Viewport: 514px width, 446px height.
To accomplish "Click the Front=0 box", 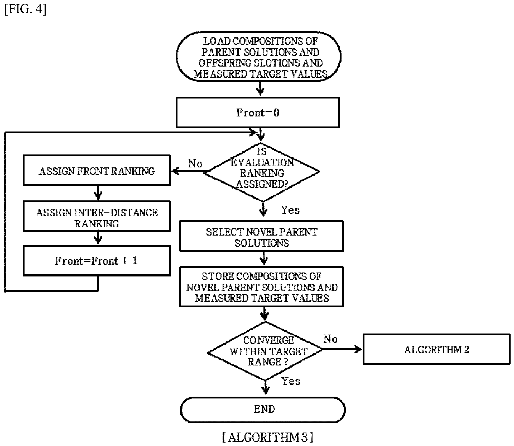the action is (x=258, y=112).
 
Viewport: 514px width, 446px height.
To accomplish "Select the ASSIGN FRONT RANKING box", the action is (x=97, y=170).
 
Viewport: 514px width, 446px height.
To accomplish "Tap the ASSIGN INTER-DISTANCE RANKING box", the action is (x=97, y=216).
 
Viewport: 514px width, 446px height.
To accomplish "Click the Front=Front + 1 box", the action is (x=97, y=261).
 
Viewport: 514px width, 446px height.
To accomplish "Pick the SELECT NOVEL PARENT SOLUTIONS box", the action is (x=262, y=236).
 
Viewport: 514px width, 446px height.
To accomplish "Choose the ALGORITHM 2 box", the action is (x=436, y=349).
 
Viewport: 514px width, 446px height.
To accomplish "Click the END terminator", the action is (x=263, y=410).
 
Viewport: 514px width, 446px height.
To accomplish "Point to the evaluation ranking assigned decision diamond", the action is (x=262, y=172).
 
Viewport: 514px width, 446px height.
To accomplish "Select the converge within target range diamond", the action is (x=265, y=351).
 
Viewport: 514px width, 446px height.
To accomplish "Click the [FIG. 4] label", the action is (x=25, y=9).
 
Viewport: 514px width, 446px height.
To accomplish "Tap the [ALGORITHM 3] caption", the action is (x=267, y=437).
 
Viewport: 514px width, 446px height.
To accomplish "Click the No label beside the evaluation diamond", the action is (x=195, y=164).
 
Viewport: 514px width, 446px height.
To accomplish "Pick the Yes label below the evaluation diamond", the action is (x=290, y=210).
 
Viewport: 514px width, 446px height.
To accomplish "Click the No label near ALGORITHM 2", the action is (x=330, y=339).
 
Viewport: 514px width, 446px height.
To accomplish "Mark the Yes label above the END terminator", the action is (x=291, y=381).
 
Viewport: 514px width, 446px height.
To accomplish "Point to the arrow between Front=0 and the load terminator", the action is (x=260, y=89).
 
